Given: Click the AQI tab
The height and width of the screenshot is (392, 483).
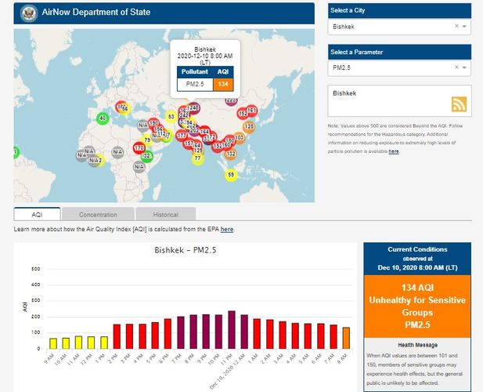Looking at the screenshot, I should [x=37, y=214].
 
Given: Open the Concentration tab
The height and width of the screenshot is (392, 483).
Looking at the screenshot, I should [x=98, y=214].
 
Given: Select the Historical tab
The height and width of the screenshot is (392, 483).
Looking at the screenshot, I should [x=165, y=214].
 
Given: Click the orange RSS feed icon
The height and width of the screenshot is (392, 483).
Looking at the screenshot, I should [x=459, y=105].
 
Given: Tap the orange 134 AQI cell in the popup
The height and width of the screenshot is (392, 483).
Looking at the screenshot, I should [x=223, y=84].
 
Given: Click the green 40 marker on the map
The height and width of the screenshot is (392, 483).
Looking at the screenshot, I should [x=102, y=118].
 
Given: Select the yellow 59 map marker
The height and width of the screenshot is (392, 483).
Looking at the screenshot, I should [x=230, y=174].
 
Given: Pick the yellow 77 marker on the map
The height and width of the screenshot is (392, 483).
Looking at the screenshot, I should [x=197, y=158].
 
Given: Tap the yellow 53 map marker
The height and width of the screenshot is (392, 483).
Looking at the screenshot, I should [x=171, y=117].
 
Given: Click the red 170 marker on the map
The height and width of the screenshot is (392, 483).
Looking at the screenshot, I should [x=139, y=147].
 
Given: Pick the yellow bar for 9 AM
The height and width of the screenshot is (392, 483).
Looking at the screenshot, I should [x=53, y=343].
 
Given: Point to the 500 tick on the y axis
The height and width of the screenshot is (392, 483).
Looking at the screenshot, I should [x=35, y=269].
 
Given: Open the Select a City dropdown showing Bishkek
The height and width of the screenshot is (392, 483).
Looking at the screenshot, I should [x=399, y=27].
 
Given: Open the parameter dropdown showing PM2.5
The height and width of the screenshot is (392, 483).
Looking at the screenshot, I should [x=399, y=69].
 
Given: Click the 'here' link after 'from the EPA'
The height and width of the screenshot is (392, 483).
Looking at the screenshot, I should [x=227, y=230].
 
